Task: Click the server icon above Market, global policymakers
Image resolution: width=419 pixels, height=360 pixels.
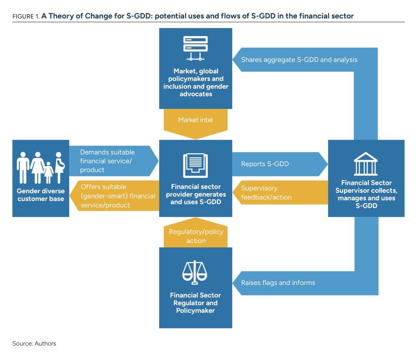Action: [x=195, y=49]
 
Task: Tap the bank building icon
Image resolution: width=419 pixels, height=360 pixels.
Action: [x=365, y=163]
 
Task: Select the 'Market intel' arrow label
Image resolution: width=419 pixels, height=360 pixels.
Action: [x=195, y=120]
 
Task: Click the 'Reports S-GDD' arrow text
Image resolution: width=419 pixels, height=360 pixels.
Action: [x=265, y=164]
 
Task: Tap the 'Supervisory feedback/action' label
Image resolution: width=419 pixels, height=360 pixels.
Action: [x=266, y=192]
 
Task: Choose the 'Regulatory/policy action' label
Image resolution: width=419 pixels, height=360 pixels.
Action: [x=196, y=236]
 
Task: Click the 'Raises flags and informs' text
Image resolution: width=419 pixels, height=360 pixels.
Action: [x=278, y=282]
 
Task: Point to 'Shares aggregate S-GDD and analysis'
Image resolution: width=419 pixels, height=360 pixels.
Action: [x=299, y=60]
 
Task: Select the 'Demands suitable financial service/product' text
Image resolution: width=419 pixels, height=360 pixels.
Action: [x=107, y=161]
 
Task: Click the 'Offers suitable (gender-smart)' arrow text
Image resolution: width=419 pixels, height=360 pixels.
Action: [x=117, y=196]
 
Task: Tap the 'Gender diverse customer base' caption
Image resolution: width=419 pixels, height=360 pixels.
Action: [x=41, y=195]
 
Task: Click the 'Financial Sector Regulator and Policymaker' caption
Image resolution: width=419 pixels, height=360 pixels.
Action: [x=195, y=303]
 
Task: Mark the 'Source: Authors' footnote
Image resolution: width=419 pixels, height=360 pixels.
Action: [x=34, y=343]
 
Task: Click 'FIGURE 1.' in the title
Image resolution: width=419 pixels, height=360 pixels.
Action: [x=26, y=16]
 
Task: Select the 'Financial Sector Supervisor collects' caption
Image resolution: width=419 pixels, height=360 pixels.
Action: [x=366, y=194]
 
